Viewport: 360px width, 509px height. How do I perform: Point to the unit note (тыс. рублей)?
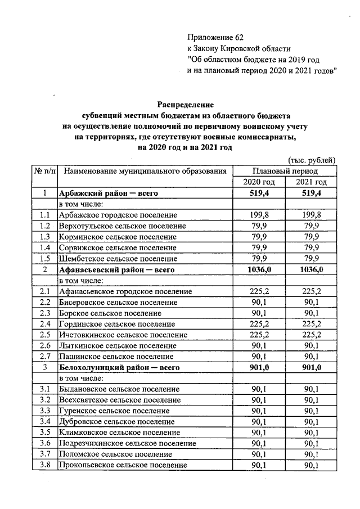point(312,160)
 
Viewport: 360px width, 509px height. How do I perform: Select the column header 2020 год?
point(259,182)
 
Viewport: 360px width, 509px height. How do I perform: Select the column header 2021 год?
point(310,182)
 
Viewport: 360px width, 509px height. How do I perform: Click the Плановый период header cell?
point(285,171)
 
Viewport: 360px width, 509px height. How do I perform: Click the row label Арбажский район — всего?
point(107,193)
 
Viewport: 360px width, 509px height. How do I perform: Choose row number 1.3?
point(45,237)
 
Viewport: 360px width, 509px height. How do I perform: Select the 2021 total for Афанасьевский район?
point(310,269)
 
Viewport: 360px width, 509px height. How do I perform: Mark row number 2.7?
point(45,357)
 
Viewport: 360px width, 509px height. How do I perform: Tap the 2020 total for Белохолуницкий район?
point(259,368)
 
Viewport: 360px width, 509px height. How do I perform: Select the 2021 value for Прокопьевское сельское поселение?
point(310,465)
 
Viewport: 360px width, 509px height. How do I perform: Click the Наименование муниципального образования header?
point(145,171)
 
